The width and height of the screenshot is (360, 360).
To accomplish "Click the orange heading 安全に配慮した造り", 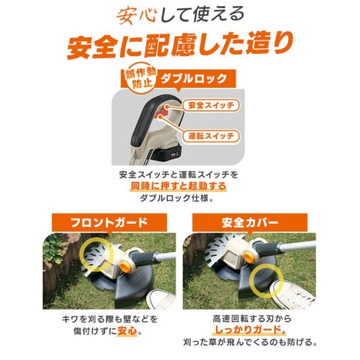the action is pos(179,45).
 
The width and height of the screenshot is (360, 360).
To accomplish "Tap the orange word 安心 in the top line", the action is pos(136,16).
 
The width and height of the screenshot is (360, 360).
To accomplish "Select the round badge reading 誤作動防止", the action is pos(140,78).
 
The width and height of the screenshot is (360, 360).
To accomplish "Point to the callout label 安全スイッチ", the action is pos(211,105).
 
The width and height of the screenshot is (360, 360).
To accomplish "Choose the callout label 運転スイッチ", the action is pos(211,136).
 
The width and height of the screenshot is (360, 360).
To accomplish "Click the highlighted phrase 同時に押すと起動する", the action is pos(178,186).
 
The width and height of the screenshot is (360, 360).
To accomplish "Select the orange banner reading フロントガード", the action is pos(109,222).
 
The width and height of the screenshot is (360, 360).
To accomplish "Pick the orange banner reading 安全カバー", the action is pos(250,222).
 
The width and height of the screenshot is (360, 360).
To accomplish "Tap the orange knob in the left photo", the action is pos(125,267).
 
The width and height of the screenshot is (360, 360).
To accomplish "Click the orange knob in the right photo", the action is pos(248,256).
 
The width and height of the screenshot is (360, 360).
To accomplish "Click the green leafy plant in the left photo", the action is pos(53,248).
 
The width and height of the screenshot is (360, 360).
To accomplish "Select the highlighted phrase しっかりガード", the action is pos(247,330).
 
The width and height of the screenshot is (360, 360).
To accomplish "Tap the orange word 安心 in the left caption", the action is pos(127,331).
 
